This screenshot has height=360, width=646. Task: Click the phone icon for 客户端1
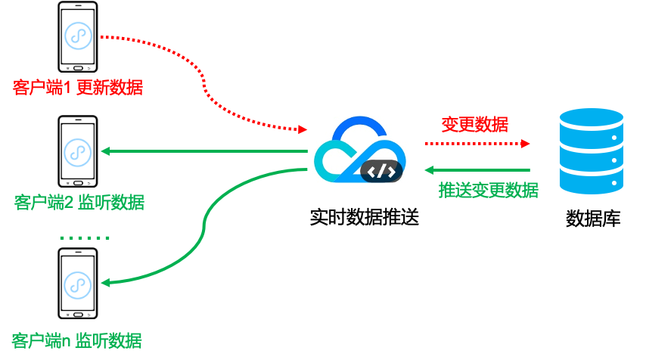coord(78,36)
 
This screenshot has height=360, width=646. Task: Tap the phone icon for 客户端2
coord(78,151)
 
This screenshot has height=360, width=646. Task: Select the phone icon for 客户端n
coord(78,284)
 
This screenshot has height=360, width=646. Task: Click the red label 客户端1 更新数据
coord(77,88)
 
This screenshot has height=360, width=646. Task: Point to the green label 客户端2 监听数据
coord(79,203)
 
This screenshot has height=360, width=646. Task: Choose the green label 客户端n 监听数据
coord(77,340)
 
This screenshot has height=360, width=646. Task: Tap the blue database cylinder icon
coord(591,151)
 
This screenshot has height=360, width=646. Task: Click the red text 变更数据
coord(474,124)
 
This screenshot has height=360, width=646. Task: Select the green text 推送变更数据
coord(488,190)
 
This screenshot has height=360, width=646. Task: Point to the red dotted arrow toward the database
coord(477,143)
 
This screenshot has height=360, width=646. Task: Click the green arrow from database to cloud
coord(477,169)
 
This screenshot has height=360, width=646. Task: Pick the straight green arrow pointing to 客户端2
coord(204,151)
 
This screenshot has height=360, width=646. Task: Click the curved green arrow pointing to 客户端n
coord(203,234)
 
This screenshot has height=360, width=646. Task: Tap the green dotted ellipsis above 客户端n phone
coord(85,237)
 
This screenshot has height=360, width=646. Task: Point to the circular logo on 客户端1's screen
coord(78,35)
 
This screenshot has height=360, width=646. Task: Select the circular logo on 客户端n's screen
coord(78,284)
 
